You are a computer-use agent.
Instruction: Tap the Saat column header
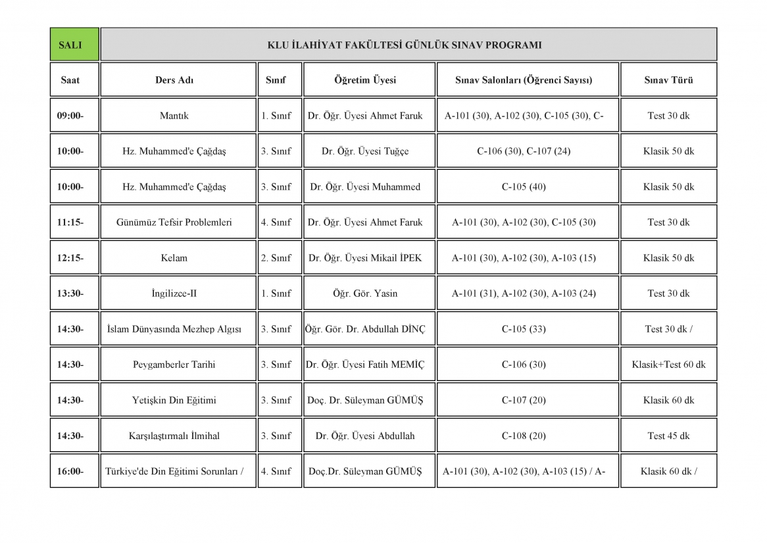click(x=70, y=80)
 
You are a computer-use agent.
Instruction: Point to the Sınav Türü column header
click(x=668, y=80)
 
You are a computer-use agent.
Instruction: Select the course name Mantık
click(x=174, y=116)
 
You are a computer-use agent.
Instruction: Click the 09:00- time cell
click(x=70, y=116)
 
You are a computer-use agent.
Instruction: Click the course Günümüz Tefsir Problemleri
click(x=174, y=222)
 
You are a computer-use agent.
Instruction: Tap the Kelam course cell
click(x=174, y=258)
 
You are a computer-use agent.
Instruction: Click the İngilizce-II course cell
click(x=174, y=294)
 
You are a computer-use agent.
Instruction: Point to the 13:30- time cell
click(x=70, y=294)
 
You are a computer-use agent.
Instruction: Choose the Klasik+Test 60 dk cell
click(x=668, y=365)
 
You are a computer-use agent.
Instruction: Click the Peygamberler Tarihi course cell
click(x=174, y=365)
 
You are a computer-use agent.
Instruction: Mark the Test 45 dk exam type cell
click(x=668, y=436)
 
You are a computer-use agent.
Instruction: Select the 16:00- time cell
click(x=70, y=471)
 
